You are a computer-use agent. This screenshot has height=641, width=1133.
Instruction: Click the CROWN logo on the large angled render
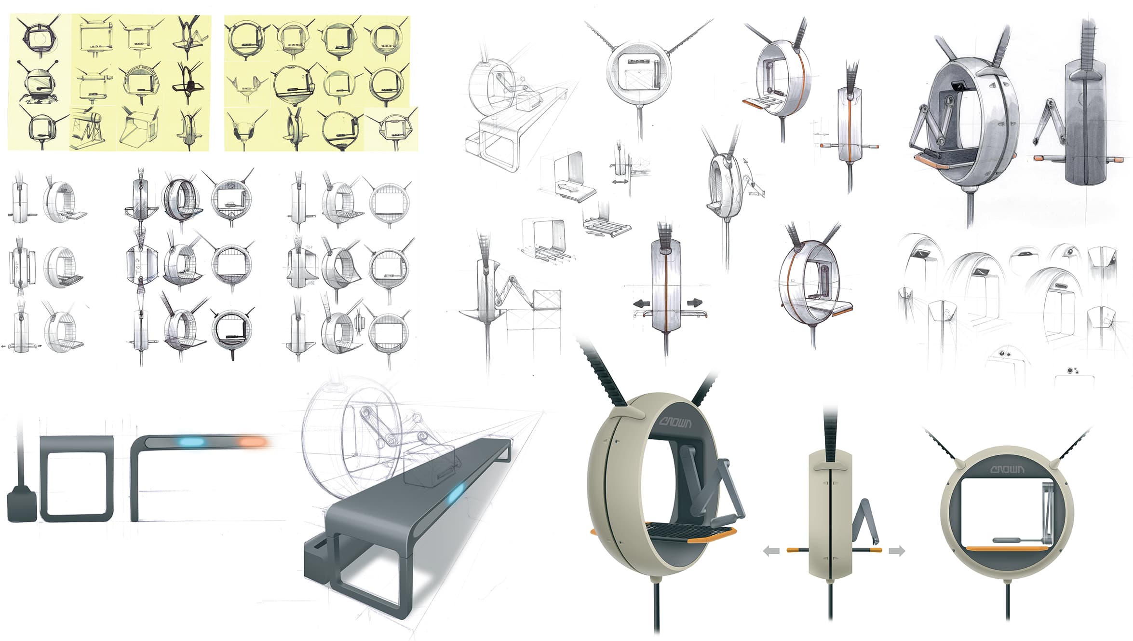click(675, 423)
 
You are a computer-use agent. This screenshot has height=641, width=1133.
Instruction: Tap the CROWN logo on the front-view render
click(1007, 469)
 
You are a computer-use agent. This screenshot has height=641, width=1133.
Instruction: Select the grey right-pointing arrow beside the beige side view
click(896, 550)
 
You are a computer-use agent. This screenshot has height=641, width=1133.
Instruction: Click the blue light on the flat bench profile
click(191, 442)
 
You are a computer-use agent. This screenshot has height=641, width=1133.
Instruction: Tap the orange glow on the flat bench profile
click(253, 442)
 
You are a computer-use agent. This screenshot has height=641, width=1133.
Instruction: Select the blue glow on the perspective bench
click(456, 494)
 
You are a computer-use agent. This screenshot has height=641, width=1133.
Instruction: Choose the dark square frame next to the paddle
click(76, 479)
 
